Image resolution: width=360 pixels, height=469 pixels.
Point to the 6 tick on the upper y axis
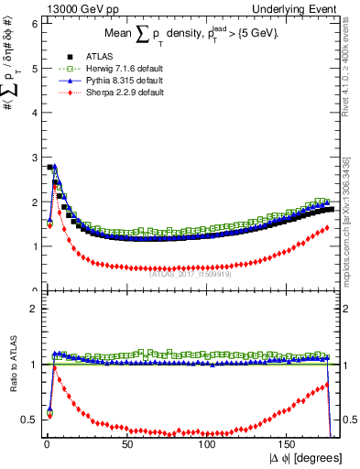(x=35, y=24)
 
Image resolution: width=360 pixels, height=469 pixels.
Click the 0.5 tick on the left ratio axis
(x=30, y=420)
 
